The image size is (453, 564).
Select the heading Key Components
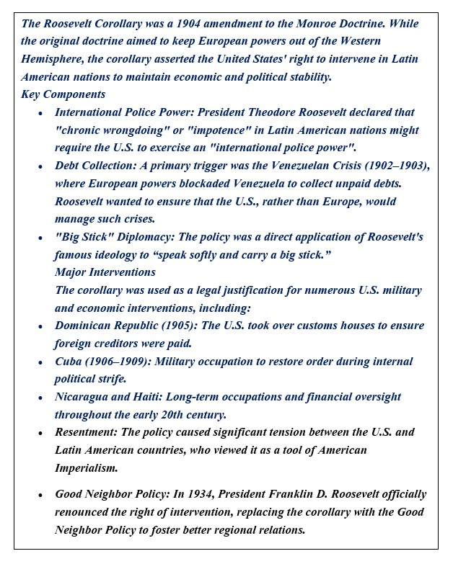pyautogui.click(x=63, y=94)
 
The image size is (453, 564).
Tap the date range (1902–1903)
pyautogui.click(x=399, y=166)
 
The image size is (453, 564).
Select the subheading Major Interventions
pyautogui.click(x=105, y=272)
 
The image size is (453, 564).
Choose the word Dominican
pyautogui.click(x=86, y=326)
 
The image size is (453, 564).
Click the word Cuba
pyautogui.click(x=70, y=361)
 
